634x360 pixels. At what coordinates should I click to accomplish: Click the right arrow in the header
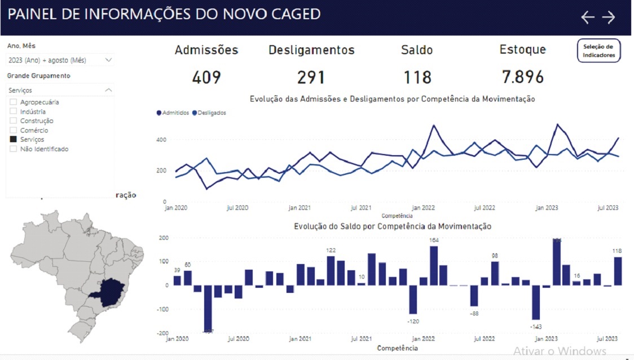coord(609,17)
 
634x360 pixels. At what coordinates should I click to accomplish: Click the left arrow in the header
coord(588,17)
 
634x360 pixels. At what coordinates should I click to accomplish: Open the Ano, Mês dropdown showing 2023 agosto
coord(60,60)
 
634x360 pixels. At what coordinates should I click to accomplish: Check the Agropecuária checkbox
coord(14,102)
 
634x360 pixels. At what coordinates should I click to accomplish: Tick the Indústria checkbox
coord(14,112)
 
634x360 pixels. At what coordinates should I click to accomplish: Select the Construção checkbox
coord(14,121)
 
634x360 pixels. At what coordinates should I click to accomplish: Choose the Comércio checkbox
coord(14,130)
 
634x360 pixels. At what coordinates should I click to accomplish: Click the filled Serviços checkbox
coord(14,139)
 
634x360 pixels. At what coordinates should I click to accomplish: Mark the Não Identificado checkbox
coord(14,149)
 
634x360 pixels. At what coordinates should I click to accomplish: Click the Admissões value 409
coord(206,77)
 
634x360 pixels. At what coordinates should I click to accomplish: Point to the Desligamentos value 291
coord(311,77)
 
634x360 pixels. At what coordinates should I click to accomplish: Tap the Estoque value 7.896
coord(523,77)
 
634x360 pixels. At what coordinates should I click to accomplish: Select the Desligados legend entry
coord(209,113)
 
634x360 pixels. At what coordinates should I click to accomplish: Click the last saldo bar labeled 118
coord(618,271)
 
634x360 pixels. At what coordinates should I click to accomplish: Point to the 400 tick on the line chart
coord(161,139)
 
